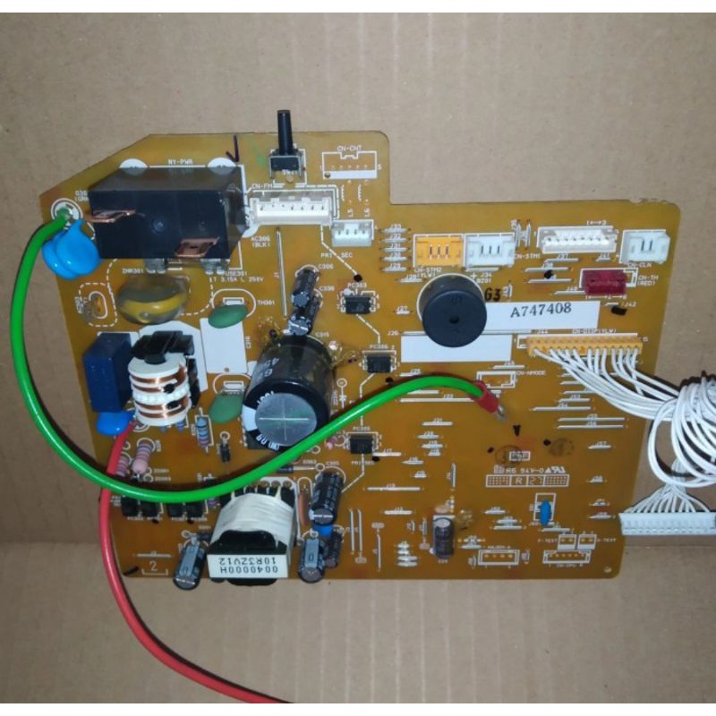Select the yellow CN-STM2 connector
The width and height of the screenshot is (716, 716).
click(x=439, y=250)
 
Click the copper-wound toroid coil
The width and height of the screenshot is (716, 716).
click(x=161, y=386)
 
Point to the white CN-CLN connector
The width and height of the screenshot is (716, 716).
click(x=645, y=247)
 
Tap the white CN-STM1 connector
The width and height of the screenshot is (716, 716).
click(x=490, y=250)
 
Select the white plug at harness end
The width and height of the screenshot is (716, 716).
click(x=667, y=519)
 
